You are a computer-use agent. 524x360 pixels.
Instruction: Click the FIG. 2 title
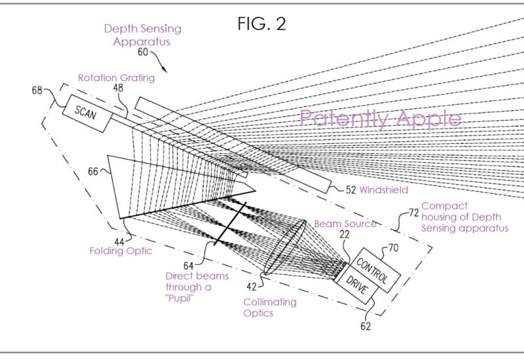[261, 24]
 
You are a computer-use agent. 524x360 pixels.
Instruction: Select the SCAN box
[85, 112]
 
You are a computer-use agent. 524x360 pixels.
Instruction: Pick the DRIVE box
[354, 286]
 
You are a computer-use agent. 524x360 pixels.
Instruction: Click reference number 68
[38, 90]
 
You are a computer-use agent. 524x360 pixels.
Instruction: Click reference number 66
[92, 172]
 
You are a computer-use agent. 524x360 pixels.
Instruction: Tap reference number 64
[188, 265]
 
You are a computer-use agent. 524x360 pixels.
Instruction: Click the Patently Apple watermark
[380, 118]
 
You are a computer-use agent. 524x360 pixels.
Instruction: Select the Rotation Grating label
[116, 78]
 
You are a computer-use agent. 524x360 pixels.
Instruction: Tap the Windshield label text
[384, 190]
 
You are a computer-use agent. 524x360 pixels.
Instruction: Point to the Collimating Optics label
[270, 308]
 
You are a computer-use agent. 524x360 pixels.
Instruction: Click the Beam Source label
[345, 224]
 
